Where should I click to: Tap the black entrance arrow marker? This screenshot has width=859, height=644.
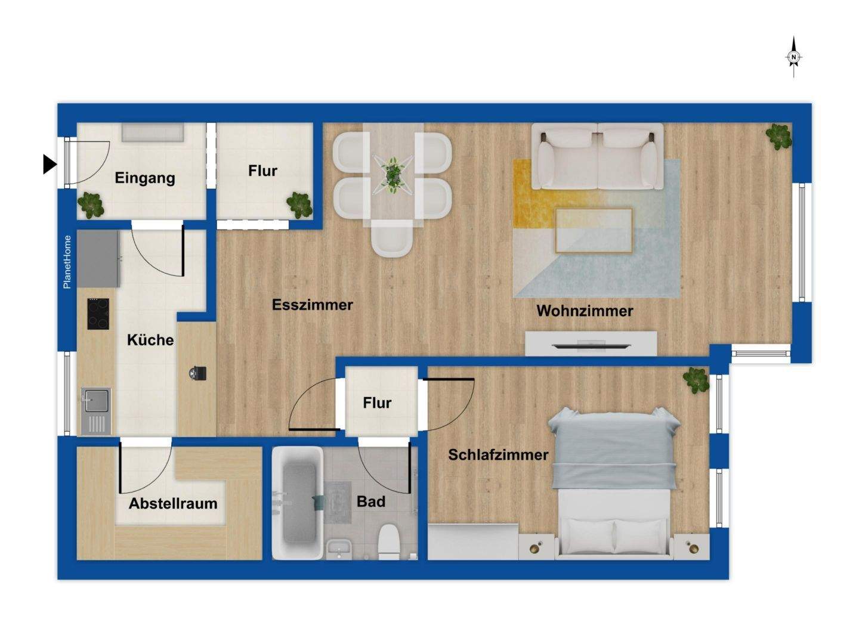point(50,164)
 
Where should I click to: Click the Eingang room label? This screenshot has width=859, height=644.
point(145,178)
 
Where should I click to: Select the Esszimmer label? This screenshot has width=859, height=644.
point(313,305)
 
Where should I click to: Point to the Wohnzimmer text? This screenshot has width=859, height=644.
point(585,311)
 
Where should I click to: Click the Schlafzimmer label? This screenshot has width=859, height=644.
point(498,454)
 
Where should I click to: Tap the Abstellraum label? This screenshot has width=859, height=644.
point(173,503)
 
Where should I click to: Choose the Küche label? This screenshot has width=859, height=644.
point(150,340)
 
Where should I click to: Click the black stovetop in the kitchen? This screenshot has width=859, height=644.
point(98,314)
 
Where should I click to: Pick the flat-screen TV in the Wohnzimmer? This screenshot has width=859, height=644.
point(591,345)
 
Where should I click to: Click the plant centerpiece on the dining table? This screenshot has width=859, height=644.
point(393,175)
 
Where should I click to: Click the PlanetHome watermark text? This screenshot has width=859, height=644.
point(67,262)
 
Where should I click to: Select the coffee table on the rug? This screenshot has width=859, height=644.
point(594,231)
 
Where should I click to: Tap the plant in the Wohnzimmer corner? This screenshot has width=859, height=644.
point(779,137)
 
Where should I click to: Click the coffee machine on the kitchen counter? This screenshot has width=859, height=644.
point(197,373)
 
